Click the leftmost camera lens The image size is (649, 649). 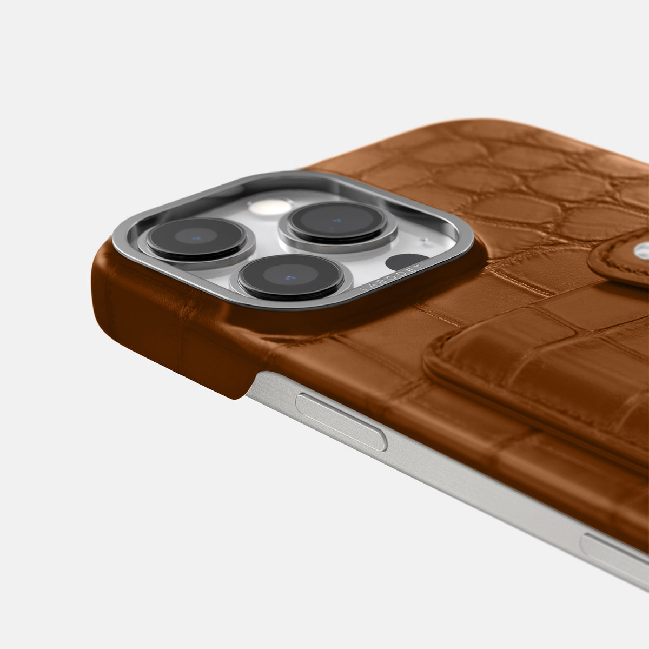(x=196, y=239)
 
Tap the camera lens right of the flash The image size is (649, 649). (x=337, y=221)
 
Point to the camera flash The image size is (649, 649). (x=270, y=207)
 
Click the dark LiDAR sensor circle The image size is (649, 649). (x=404, y=262)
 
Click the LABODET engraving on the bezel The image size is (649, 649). (x=390, y=278)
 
